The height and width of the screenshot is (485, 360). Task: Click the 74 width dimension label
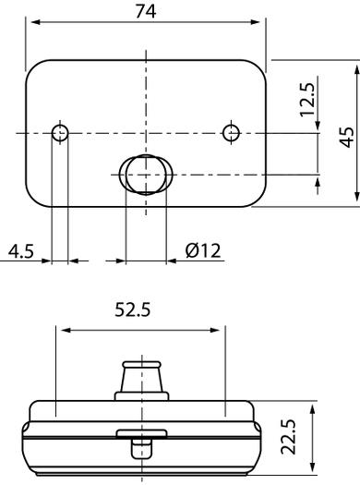coord(146,12)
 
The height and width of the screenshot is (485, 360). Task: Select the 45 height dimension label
coord(347,137)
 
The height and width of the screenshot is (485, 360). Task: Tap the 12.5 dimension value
coord(307,100)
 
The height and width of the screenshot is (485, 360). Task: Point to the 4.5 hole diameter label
coord(20,251)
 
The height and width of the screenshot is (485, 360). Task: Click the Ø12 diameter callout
coord(203,250)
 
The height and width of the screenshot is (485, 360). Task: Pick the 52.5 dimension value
coord(133,309)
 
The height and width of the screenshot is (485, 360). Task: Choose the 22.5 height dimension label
coord(289,437)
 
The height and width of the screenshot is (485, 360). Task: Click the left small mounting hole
coord(60,133)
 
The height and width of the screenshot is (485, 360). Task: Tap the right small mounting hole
coord(231,133)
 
